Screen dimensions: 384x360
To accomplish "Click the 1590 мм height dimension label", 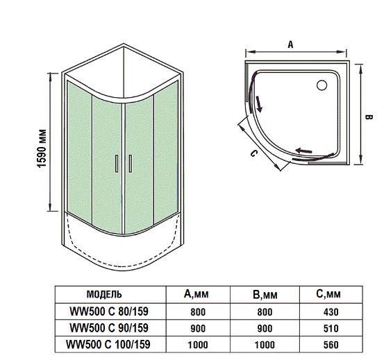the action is [x=42, y=148].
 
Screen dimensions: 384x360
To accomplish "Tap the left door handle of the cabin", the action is [x=117, y=164].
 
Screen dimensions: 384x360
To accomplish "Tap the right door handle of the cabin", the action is [x=131, y=164].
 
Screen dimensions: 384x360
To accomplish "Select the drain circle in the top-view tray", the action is [x=322, y=85].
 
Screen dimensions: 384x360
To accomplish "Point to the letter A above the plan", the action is [x=290, y=45].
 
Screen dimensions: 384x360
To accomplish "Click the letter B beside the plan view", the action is [x=369, y=117].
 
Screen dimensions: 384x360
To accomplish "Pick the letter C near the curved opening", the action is [x=254, y=153].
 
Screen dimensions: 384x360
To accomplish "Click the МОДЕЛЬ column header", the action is [x=104, y=294].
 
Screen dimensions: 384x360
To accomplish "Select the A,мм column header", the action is [x=197, y=293].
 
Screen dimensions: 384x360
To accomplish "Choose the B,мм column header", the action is [x=265, y=295].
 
